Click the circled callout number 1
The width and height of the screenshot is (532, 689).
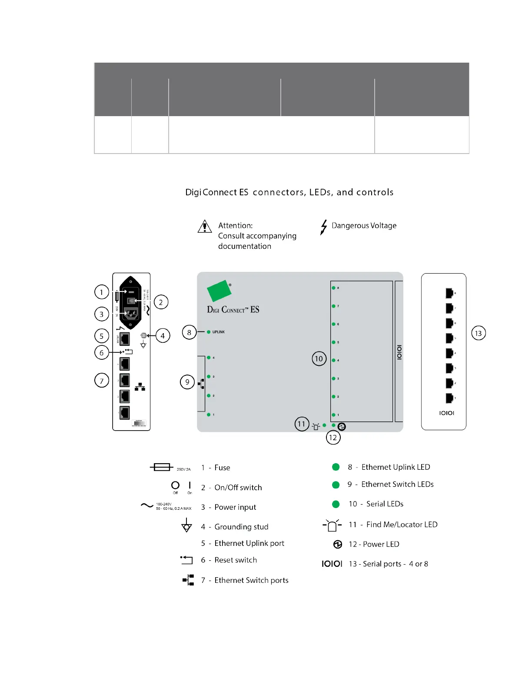pos(102,292)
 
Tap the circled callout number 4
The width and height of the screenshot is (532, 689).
pos(163,336)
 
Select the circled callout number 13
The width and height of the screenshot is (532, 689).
pos(479,333)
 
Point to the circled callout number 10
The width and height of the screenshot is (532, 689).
pos(319,358)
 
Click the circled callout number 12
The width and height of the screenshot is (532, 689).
pos(333,438)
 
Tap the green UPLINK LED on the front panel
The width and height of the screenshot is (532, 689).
pos(209,332)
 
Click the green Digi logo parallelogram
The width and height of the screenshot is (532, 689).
pos(219,291)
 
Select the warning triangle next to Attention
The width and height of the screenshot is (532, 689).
pos(205,227)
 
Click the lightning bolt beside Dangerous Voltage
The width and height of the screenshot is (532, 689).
pos(323,227)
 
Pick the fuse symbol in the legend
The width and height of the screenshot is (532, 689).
pos(162,467)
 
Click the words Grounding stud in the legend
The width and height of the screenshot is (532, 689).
pos(241,527)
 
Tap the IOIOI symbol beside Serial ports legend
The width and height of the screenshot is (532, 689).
pos(332,564)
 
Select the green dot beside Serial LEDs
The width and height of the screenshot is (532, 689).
pos(336,504)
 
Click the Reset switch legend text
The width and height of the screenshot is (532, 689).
pos(236,560)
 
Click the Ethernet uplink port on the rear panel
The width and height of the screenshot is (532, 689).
pos(125,339)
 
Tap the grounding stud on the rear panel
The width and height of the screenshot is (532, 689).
pos(143,335)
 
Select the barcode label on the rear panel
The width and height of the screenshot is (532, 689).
pos(139,423)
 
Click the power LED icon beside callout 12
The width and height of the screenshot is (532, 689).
pos(342,427)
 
